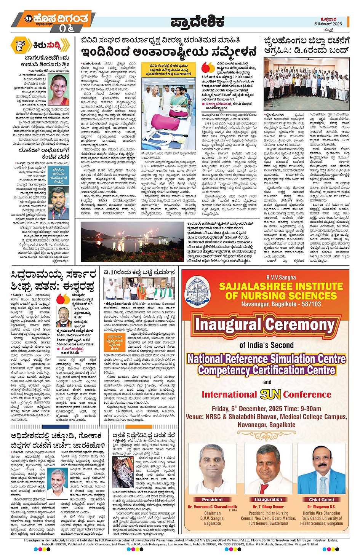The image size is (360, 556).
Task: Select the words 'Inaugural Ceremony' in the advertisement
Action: tap(265, 325)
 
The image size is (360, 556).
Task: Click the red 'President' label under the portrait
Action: tap(212, 500)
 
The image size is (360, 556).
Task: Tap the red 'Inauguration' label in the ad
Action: tap(268, 499)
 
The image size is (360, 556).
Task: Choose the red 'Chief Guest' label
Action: tap(322, 500)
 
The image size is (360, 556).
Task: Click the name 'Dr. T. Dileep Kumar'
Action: tap(268, 507)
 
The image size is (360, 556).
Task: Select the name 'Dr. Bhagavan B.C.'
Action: tap(322, 507)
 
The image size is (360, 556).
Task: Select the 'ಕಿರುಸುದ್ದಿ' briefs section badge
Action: tap(40, 45)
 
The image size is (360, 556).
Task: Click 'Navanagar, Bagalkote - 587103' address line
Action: tap(281, 304)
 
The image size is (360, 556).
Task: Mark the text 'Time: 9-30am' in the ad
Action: tap(302, 409)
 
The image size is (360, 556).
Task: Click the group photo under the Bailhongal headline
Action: tap(307, 84)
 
